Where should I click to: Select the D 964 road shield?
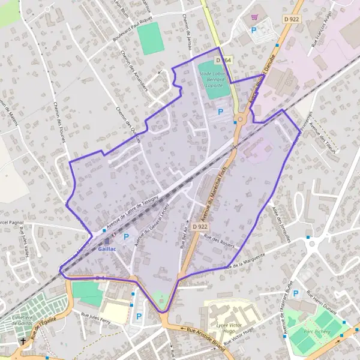tap(224, 61)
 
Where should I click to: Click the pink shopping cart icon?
tap(254, 17)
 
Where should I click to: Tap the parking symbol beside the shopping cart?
tap(254, 29)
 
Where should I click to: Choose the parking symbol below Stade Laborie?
tap(220, 112)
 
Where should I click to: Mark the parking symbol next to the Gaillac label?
tap(126, 237)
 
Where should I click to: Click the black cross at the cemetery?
tap(23, 341)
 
